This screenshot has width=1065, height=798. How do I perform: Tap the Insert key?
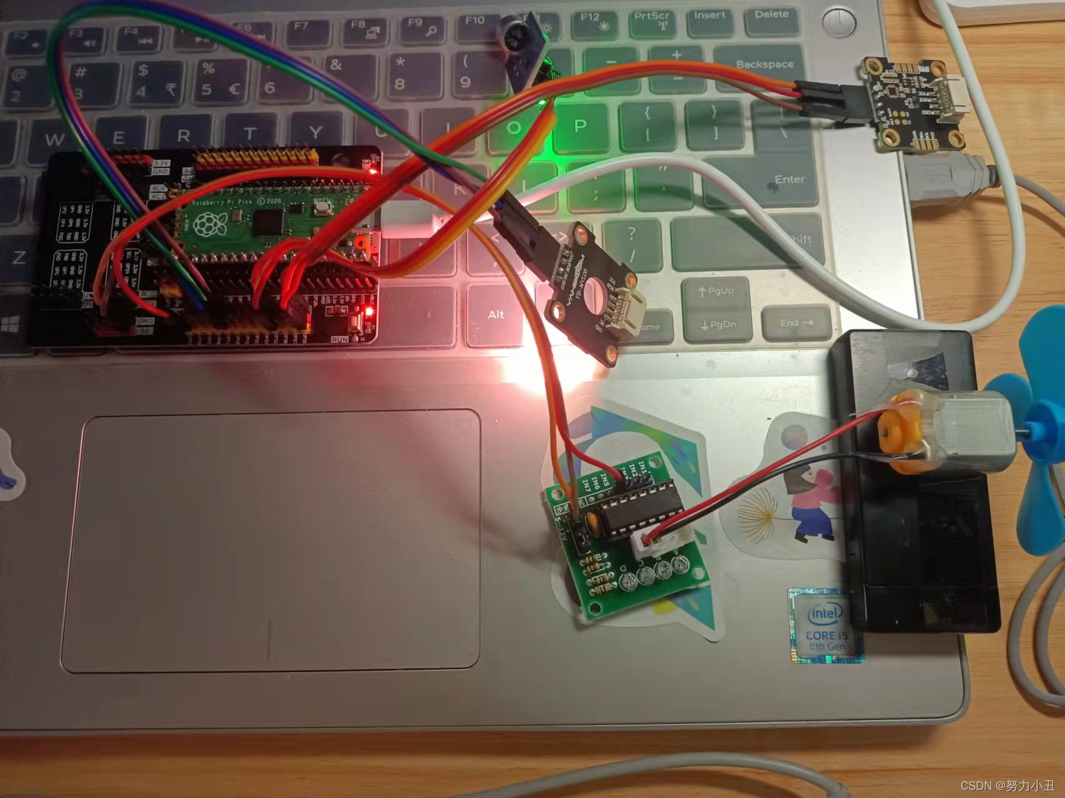click(710, 19)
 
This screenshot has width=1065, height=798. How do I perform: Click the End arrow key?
click(796, 323)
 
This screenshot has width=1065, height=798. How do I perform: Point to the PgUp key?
click(716, 291)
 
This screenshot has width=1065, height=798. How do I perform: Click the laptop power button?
click(838, 22)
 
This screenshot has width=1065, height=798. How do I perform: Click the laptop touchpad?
click(270, 540)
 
